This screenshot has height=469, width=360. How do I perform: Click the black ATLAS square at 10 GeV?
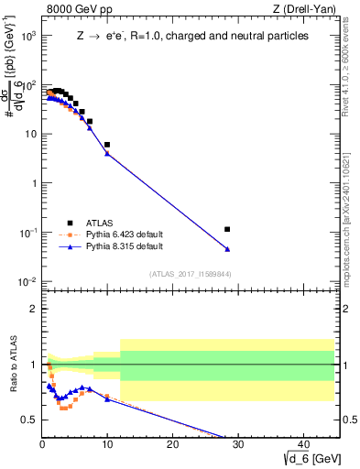click(107, 145)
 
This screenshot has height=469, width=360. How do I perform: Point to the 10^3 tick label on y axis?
click(27, 36)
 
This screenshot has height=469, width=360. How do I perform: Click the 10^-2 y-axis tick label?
click(27, 281)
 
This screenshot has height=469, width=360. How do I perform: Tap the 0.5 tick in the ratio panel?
click(29, 420)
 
